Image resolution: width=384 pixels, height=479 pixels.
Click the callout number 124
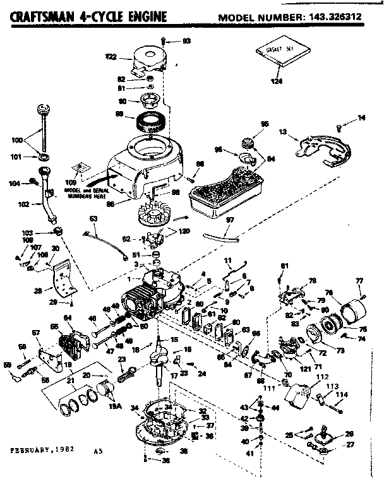coord(277,81)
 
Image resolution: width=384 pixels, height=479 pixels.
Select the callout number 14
coord(361,117)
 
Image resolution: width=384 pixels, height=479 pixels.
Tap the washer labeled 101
coord(45,155)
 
